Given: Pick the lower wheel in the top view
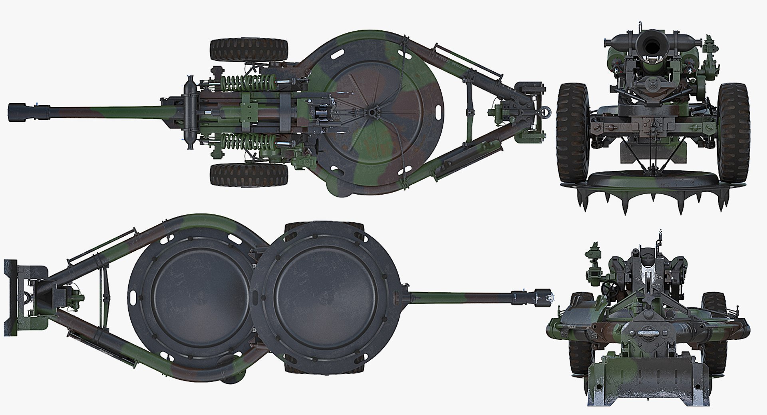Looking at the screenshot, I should [248, 175].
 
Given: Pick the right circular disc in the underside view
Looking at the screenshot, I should [326, 295].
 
